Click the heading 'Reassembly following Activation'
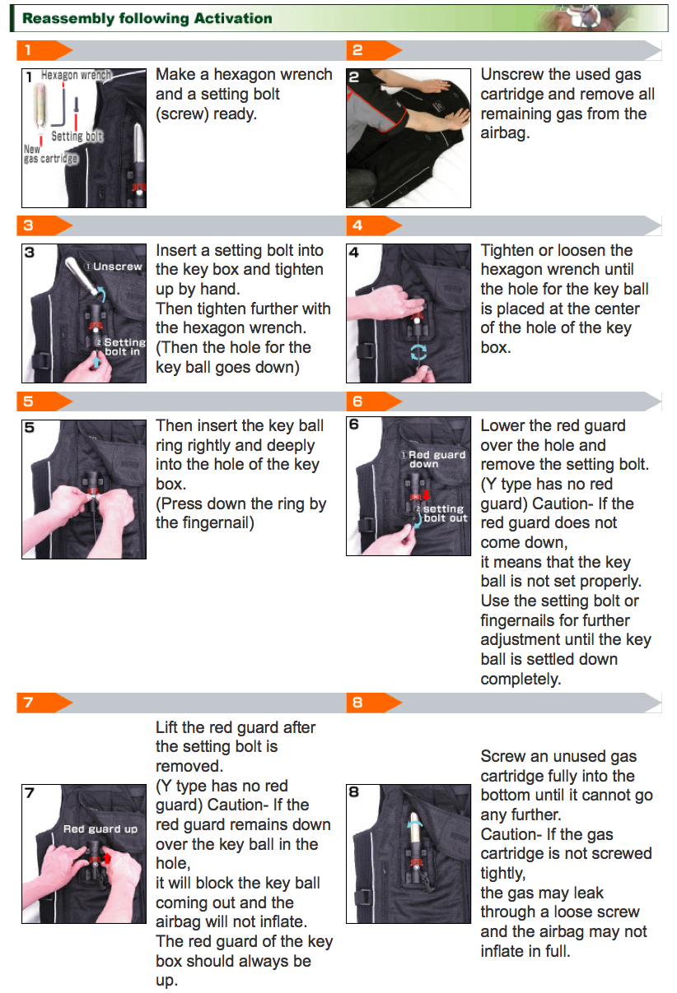coord(147,18)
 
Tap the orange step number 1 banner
coord(44,50)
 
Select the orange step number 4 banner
coord(374,225)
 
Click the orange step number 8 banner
coord(374,703)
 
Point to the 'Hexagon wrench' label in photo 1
coord(76,75)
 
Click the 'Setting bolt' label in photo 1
coord(77,136)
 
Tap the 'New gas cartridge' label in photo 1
coord(50,154)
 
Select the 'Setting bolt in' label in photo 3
coord(121,347)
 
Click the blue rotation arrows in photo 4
coord(418,352)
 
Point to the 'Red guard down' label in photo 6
coord(433,459)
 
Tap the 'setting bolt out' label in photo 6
coord(442,513)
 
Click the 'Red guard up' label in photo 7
coord(100,829)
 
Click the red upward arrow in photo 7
coord(107,859)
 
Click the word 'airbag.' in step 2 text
coord(505,133)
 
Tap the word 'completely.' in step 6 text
coord(521,680)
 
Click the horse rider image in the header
coord(577,18)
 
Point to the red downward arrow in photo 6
coord(427,494)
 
